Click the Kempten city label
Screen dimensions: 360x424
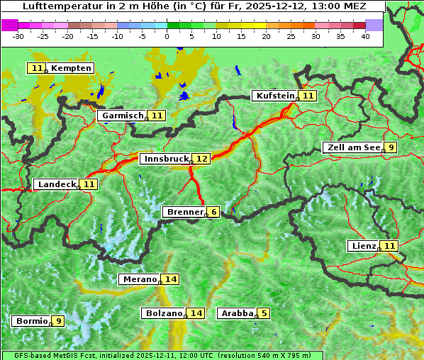tap(71, 68)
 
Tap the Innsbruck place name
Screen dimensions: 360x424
tap(165, 159)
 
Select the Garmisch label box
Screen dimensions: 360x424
tap(123, 116)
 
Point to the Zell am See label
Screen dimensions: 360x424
tap(352, 147)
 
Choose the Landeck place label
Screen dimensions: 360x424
tap(57, 184)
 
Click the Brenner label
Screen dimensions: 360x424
tap(184, 212)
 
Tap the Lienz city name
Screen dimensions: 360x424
tap(364, 246)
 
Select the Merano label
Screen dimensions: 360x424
tap(139, 279)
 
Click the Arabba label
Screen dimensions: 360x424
tap(238, 313)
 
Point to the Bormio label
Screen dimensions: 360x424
tap(32, 321)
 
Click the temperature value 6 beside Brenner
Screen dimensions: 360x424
tap(213, 212)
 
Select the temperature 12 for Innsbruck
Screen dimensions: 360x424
tap(203, 159)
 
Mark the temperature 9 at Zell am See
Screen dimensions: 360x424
tap(391, 147)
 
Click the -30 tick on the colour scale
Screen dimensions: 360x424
tap(18, 35)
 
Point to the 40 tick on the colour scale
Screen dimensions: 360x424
tap(365, 35)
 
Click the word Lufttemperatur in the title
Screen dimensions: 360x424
tap(58, 6)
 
